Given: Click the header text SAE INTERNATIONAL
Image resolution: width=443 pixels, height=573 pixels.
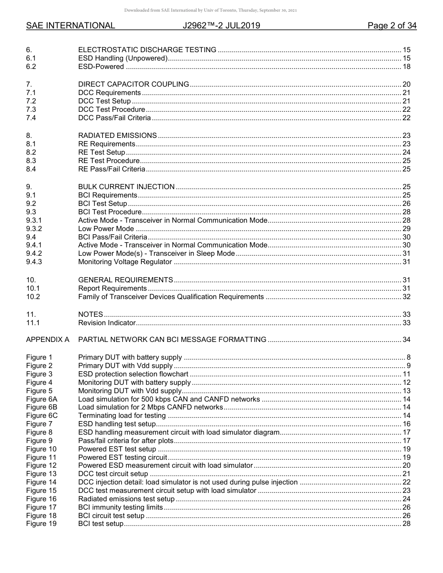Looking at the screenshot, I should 70,26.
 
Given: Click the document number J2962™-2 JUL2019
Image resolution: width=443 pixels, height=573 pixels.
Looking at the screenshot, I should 221,26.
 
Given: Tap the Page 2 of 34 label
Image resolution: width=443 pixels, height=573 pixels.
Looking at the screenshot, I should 392,26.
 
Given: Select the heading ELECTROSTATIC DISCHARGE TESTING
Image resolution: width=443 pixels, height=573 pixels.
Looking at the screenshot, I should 147,50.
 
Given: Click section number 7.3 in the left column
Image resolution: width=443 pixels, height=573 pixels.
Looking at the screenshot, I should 31,109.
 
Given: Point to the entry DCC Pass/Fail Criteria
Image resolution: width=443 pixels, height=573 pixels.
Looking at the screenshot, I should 114,118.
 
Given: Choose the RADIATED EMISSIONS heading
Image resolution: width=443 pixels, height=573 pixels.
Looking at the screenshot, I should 118,136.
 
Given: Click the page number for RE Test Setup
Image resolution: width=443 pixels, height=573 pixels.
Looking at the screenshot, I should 406,152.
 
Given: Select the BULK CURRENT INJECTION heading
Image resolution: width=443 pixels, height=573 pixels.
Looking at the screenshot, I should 126,187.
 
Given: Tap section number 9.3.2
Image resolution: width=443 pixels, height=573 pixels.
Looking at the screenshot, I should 34,229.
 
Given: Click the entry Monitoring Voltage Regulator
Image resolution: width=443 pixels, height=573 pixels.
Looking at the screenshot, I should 125,262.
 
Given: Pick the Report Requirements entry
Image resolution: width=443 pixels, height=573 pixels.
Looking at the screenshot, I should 112,288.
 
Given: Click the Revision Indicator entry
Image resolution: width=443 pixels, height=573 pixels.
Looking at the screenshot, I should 107,323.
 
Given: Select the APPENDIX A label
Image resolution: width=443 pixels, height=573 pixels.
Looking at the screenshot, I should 48,340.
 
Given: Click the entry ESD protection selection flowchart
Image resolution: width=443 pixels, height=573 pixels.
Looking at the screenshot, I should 133,374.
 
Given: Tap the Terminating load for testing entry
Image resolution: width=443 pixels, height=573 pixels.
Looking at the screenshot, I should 122,416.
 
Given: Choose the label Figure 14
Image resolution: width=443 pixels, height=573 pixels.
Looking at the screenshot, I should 41,482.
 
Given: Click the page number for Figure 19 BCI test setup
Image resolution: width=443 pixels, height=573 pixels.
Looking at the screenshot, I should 406,524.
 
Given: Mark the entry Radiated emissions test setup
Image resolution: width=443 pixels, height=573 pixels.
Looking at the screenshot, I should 126,499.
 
